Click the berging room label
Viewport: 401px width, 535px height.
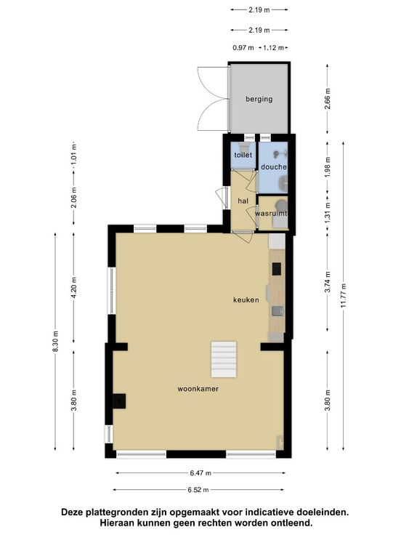pyautogui.click(x=259, y=100)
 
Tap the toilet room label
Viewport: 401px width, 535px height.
pyautogui.click(x=243, y=155)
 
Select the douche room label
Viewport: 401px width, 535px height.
pyautogui.click(x=274, y=167)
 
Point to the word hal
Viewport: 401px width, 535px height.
pyautogui.click(x=243, y=201)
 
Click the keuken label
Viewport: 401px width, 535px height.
pyautogui.click(x=246, y=300)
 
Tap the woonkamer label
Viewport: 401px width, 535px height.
pyautogui.click(x=198, y=389)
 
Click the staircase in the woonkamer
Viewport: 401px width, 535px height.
pyautogui.click(x=224, y=359)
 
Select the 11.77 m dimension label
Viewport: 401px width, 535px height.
pyautogui.click(x=344, y=295)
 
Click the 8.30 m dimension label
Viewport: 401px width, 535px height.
pyautogui.click(x=56, y=342)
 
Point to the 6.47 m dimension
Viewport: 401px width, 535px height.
pyautogui.click(x=200, y=473)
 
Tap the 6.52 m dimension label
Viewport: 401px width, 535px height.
pyautogui.click(x=198, y=490)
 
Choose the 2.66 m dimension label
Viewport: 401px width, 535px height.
pyautogui.click(x=328, y=99)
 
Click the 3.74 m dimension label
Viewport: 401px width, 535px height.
pyautogui.click(x=328, y=282)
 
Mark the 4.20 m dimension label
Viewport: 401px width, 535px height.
pyautogui.click(x=74, y=287)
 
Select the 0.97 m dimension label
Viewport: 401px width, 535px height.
pyautogui.click(x=243, y=48)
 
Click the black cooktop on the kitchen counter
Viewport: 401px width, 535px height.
pyautogui.click(x=277, y=269)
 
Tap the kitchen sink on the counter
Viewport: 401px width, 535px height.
pyautogui.click(x=278, y=312)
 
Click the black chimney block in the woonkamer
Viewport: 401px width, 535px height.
pyautogui.click(x=119, y=401)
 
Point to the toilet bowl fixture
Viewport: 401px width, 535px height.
pyautogui.click(x=244, y=148)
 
